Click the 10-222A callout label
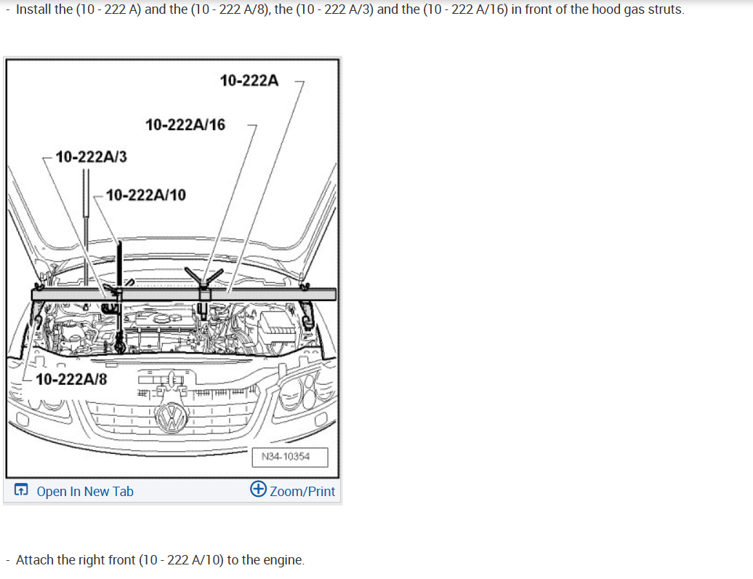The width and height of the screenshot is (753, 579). pos(249,80)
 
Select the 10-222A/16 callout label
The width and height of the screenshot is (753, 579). pos(185,125)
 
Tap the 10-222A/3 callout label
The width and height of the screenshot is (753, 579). pos(92,156)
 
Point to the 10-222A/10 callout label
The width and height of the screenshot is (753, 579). pos(146,195)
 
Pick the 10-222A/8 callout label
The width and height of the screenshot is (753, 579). pos(71,379)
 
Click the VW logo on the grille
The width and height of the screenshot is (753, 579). pos(172,418)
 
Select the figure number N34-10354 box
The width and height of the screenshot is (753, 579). pos(290,457)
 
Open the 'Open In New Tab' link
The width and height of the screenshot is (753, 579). pos(85,492)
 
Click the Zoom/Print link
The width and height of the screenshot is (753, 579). pos(302,492)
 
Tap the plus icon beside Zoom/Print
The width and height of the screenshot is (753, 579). pos(258,489)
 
